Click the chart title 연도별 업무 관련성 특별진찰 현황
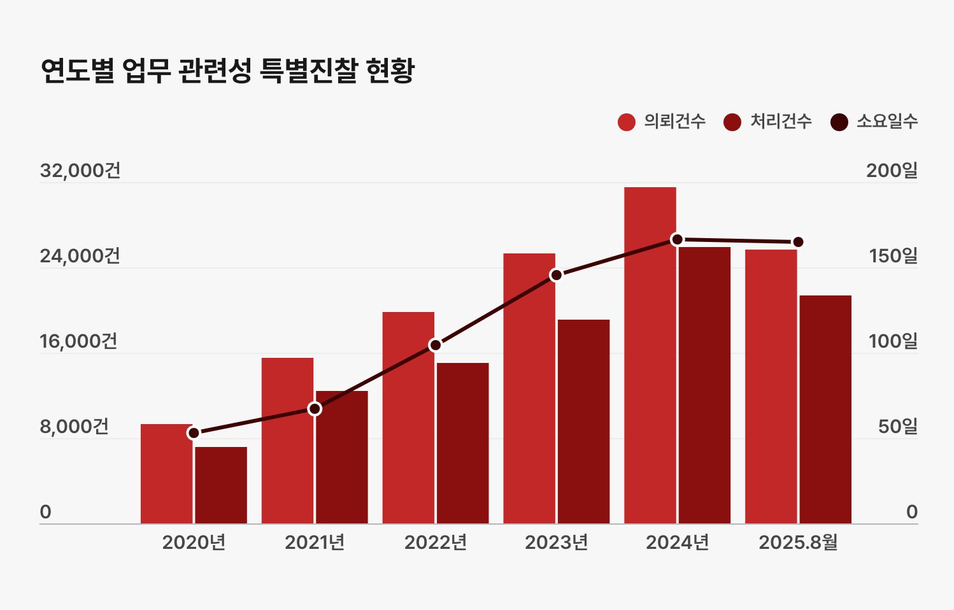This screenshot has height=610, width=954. click(227, 70)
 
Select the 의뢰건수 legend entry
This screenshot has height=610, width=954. click(662, 122)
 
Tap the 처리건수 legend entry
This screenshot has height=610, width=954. click(769, 122)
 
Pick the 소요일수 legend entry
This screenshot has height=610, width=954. click(875, 122)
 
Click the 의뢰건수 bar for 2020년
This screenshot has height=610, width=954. click(166, 478)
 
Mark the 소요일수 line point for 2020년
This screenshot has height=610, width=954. click(194, 433)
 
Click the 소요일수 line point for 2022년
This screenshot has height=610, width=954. click(436, 345)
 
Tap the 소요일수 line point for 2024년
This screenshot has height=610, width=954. click(677, 239)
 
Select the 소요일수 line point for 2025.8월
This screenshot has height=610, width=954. click(798, 242)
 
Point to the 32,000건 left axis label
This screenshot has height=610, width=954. click(80, 171)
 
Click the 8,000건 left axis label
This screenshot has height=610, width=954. click(75, 427)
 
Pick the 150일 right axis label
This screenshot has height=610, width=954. click(893, 256)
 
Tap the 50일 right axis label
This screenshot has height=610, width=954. click(897, 427)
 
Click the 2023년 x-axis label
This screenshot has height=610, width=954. click(557, 543)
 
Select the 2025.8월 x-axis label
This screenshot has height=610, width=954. click(798, 543)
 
